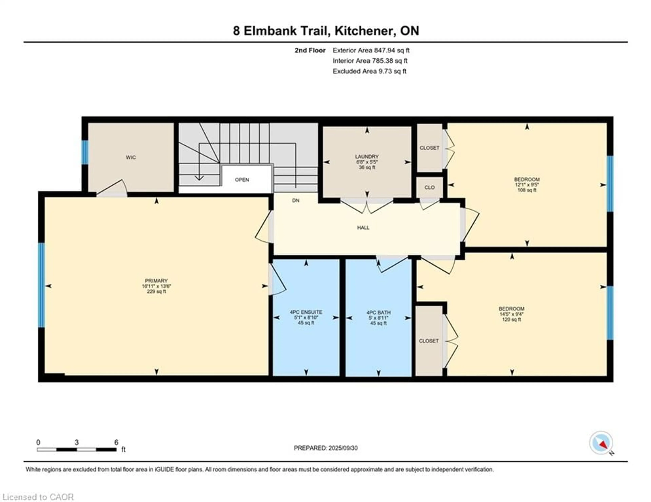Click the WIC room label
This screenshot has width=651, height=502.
tap(131, 157)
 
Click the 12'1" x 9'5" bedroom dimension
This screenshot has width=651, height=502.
tap(527, 185)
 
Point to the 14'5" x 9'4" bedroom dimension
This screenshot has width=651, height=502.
tap(511, 314)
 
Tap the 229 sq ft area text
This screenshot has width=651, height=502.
tap(156, 291)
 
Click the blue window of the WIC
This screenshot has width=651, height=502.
tap(85, 152)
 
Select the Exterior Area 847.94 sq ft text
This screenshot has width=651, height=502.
tap(371, 50)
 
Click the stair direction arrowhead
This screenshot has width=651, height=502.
tap(199, 178)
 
